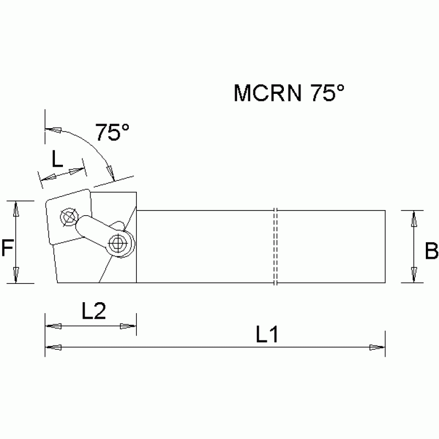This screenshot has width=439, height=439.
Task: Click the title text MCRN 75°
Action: tap(290, 93)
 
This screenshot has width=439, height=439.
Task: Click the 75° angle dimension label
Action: tap(112, 132)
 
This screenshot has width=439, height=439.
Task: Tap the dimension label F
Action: tap(7, 248)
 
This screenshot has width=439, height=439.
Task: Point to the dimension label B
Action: tap(431, 250)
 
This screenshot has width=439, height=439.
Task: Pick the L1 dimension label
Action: tap(267, 335)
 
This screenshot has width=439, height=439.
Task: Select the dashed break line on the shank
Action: tap(275, 246)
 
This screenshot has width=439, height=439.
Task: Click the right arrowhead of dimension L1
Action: tap(377, 347)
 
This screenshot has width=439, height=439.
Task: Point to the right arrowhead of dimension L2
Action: tap(128, 326)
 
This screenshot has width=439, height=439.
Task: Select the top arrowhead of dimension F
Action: tap(17, 208)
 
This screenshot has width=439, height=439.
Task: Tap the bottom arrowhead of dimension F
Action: tap(17, 275)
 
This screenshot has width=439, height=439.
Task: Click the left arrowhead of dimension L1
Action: tap(53, 347)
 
